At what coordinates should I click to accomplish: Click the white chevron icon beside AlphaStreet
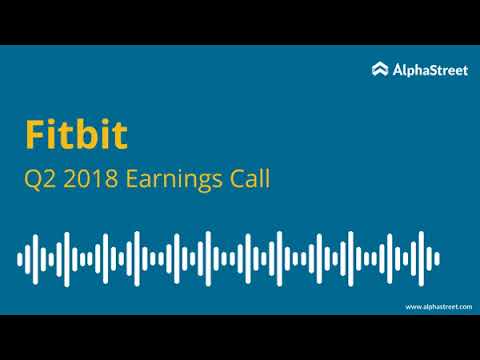[380, 69]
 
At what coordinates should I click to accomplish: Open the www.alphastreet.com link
[438, 306]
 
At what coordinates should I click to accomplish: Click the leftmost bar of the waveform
[20, 258]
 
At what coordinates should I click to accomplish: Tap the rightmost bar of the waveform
[437, 258]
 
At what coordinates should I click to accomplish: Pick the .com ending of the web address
[463, 306]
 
